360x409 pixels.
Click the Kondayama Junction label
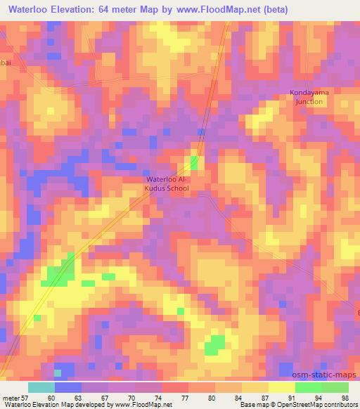(x=307, y=97)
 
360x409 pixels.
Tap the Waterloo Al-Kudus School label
(x=167, y=184)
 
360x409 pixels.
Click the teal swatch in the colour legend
(x=41, y=387)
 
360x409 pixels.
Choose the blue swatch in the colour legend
(x=67, y=387)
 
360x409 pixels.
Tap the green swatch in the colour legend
(x=321, y=387)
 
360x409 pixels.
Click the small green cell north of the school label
(x=193, y=163)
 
